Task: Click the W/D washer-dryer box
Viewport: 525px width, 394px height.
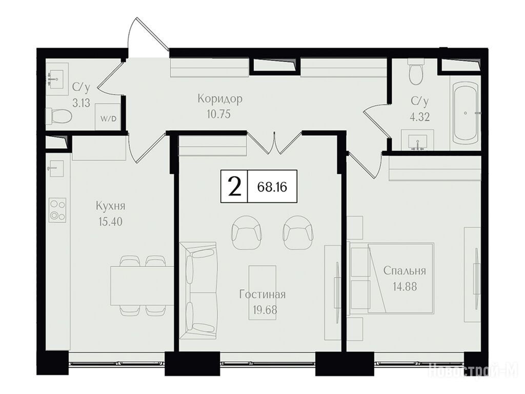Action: tap(108, 117)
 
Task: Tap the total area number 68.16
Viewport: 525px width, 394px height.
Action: tap(272, 187)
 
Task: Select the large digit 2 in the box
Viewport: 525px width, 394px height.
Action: tap(234, 187)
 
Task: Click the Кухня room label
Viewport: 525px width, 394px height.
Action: tap(111, 206)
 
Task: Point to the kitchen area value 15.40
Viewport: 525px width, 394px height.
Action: tap(111, 222)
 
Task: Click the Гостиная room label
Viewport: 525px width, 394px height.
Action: tap(262, 294)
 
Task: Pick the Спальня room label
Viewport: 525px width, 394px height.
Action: tap(405, 271)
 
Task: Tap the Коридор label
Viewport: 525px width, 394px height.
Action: tap(219, 99)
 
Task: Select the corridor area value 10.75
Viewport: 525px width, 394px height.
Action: tap(218, 114)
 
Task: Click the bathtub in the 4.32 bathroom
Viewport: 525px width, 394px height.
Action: tap(465, 113)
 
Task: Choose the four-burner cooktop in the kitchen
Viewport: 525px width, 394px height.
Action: tap(57, 210)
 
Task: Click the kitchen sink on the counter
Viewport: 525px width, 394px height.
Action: tap(55, 168)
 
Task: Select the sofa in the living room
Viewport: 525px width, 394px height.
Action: tap(198, 291)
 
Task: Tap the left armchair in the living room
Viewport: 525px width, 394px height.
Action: tap(246, 232)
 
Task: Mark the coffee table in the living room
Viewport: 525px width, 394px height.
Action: tap(262, 292)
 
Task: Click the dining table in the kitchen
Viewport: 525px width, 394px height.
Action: tap(143, 285)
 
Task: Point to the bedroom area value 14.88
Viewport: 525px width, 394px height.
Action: tap(405, 287)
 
